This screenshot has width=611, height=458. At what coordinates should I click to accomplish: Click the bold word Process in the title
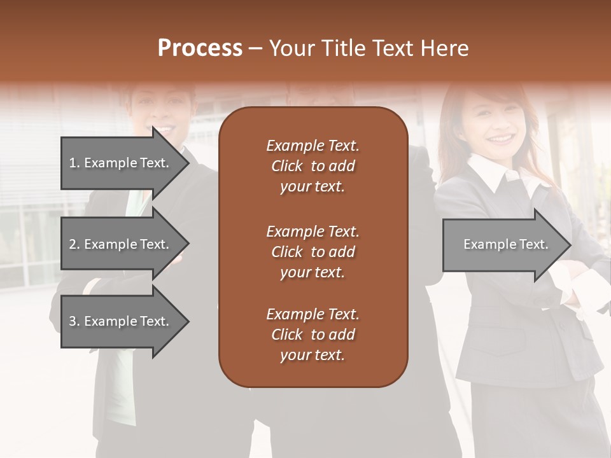200,48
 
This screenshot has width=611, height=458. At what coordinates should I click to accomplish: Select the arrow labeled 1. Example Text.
121,163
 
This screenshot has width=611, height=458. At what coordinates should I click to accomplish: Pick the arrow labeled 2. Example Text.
121,244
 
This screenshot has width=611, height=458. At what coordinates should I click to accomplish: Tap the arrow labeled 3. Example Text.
121,321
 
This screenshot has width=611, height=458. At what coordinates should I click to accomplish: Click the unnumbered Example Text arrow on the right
503,245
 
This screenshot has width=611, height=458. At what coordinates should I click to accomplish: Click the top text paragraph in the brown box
313,166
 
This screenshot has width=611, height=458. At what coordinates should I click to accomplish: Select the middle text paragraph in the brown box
313,252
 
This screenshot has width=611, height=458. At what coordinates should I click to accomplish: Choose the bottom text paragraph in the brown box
313,335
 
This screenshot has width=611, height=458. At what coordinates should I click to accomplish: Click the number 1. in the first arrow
74,163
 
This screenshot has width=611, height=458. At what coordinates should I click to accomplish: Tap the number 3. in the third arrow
74,321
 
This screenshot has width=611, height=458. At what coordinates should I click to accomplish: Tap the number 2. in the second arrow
74,244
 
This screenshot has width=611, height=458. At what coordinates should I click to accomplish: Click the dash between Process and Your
255,49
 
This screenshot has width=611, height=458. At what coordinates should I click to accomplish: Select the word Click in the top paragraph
286,166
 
